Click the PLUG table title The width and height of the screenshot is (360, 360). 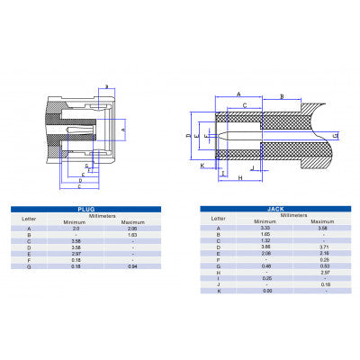(x=87, y=209)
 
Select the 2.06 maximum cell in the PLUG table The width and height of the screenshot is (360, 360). (x=132, y=229)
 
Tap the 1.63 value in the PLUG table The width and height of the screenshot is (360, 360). (x=132, y=235)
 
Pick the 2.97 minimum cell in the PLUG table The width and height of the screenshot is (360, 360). (x=76, y=255)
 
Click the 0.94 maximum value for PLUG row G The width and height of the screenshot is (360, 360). (x=132, y=267)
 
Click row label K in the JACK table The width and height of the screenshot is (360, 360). (x=217, y=291)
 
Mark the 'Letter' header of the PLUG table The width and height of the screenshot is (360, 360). (x=30, y=218)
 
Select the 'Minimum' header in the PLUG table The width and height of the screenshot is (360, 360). (x=76, y=221)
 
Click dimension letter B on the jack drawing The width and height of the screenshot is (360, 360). (x=283, y=94)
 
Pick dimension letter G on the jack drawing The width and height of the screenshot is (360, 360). (x=336, y=135)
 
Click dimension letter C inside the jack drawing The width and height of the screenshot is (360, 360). (x=244, y=105)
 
